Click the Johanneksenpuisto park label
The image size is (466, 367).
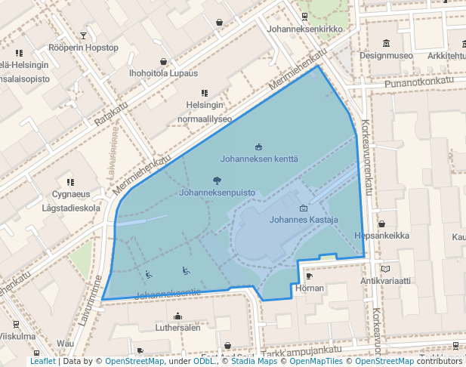(x=216, y=193)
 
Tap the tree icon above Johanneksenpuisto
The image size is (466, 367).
(x=217, y=180)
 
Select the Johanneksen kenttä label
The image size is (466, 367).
(x=259, y=159)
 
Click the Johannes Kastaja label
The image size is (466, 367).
(x=304, y=221)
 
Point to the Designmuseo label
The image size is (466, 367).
(x=386, y=55)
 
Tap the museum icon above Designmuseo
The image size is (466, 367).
(x=386, y=42)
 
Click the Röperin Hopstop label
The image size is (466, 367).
(x=84, y=48)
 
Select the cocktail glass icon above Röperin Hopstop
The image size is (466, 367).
(x=84, y=35)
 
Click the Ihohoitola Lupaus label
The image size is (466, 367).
(x=163, y=73)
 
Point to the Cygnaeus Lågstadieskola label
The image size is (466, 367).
(x=71, y=201)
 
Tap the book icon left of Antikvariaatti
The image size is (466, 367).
(x=385, y=268)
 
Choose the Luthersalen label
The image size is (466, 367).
(x=177, y=328)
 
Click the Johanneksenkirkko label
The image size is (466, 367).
(x=305, y=29)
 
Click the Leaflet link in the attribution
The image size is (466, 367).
(x=42, y=361)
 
